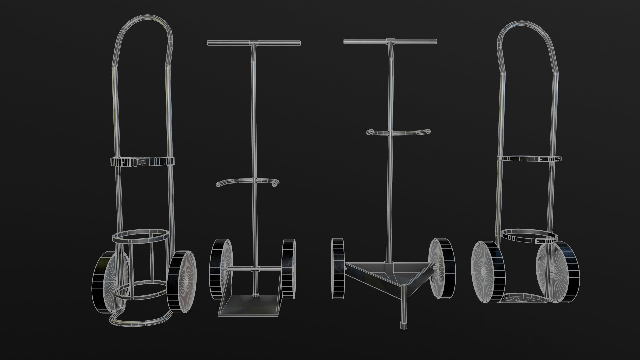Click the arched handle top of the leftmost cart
144,19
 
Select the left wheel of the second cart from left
220,269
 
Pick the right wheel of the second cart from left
289,269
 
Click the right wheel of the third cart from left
442,268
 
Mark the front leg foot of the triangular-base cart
404,325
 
